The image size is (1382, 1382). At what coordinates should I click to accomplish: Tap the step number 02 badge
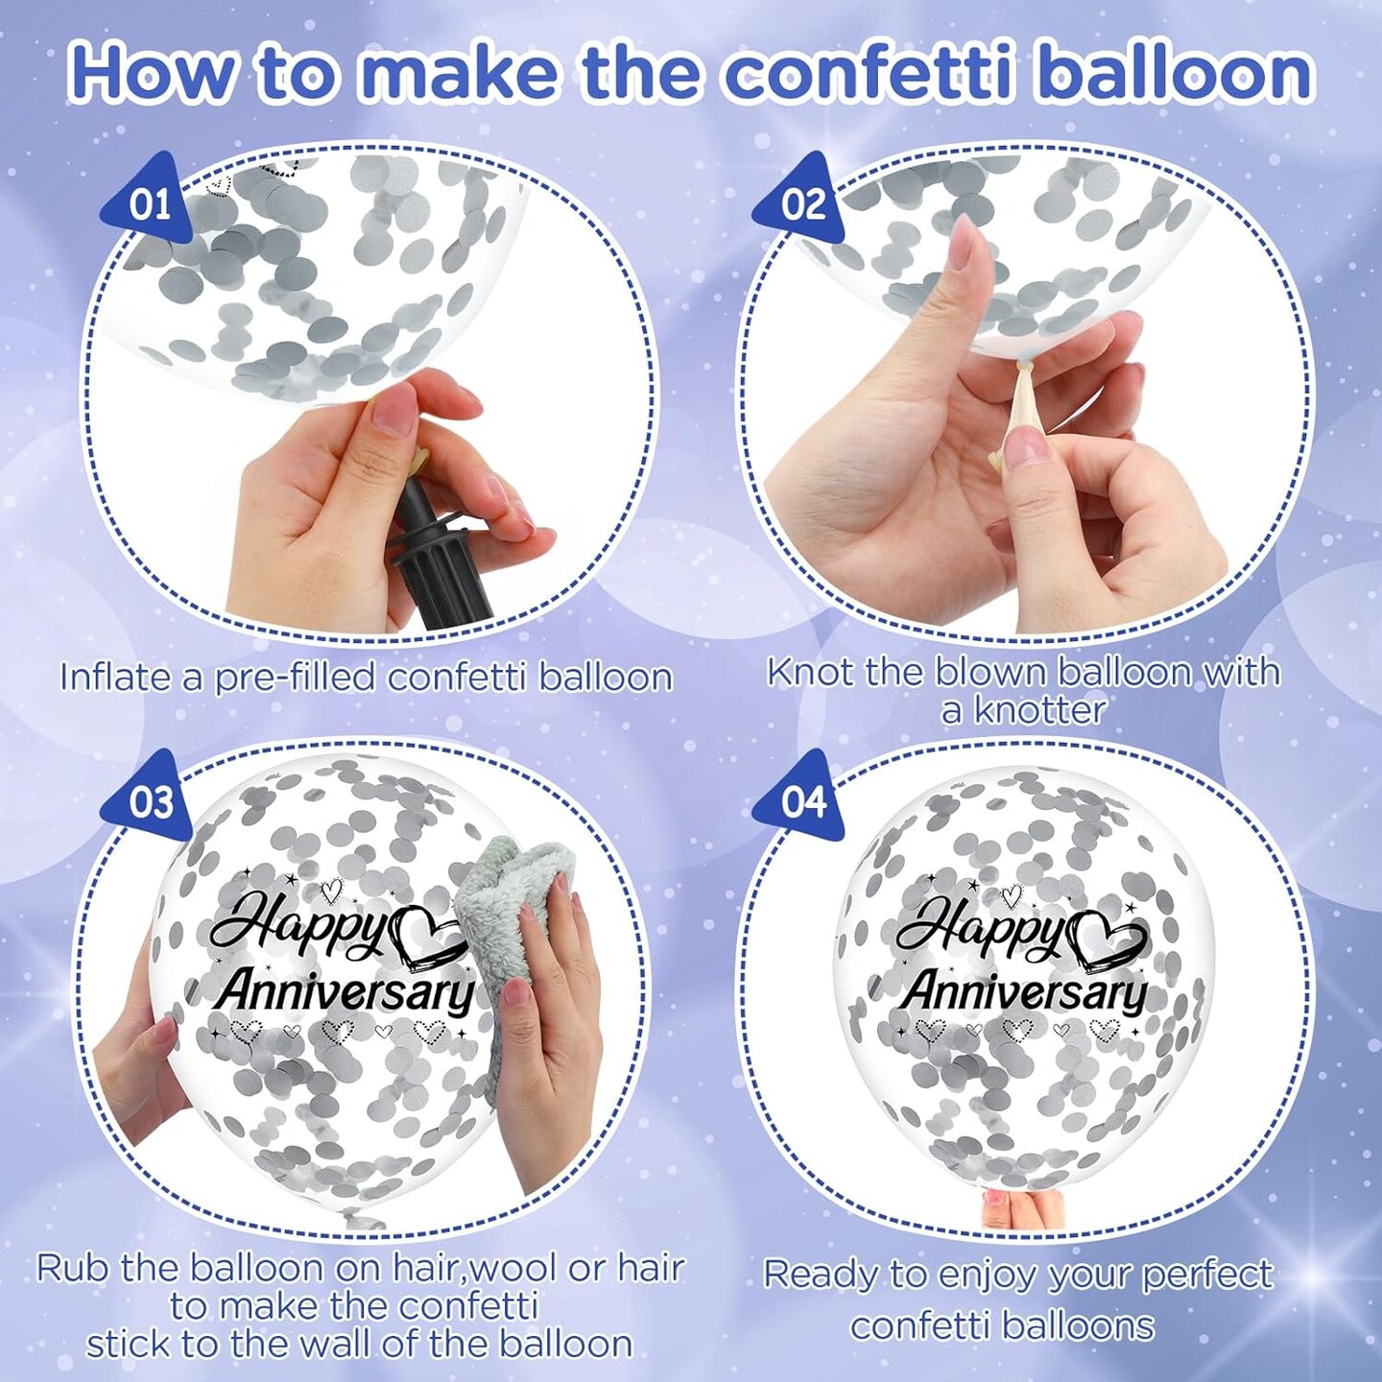coord(801,203)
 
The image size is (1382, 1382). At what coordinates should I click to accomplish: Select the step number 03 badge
coord(150,801)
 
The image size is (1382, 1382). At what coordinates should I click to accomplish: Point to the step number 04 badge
coord(801,801)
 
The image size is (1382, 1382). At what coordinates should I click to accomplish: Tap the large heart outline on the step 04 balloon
coord(1107,936)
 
